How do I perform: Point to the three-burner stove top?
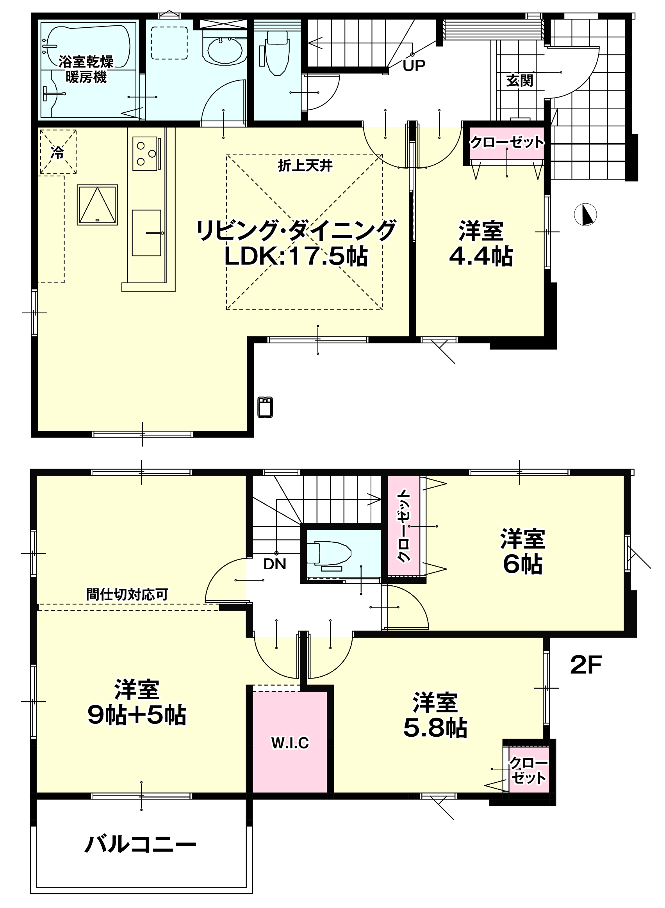[145, 153]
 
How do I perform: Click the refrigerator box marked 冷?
[57, 152]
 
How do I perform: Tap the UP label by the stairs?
[414, 65]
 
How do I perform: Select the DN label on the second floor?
[275, 565]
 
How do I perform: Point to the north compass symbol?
[585, 215]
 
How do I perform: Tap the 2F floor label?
[586, 665]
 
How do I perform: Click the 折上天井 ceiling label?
[305, 166]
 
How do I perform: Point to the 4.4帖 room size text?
[481, 256]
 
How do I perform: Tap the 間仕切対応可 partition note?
[127, 594]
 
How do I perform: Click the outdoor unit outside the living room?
[265, 407]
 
